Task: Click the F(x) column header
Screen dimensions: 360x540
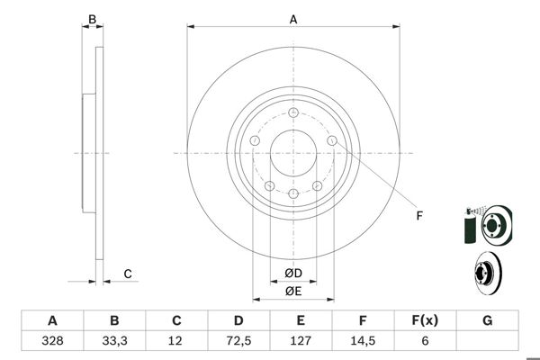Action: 425,320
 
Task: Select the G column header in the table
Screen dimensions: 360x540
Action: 487,320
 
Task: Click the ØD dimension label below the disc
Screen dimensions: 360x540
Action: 292,274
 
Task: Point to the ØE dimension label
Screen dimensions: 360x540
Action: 292,291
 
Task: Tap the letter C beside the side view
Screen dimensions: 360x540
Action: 128,274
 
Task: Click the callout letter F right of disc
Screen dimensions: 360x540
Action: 418,214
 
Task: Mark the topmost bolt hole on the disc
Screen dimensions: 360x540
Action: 293,112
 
